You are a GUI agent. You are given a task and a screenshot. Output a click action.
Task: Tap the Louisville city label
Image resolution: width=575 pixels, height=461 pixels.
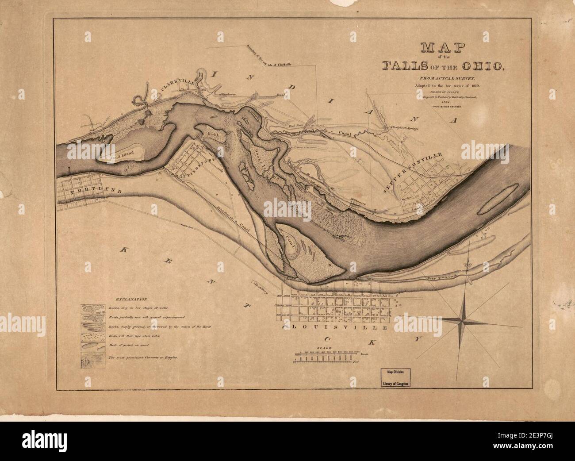point(336,328)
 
